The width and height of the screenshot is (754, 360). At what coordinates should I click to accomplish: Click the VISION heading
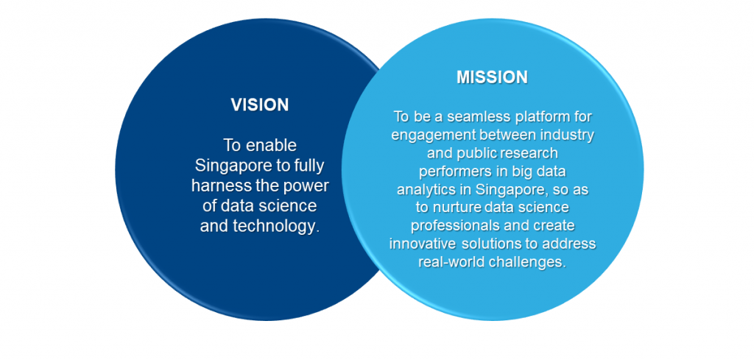(260, 105)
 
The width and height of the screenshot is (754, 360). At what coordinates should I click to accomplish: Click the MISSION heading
(492, 77)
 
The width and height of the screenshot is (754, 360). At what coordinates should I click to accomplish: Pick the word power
(308, 187)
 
